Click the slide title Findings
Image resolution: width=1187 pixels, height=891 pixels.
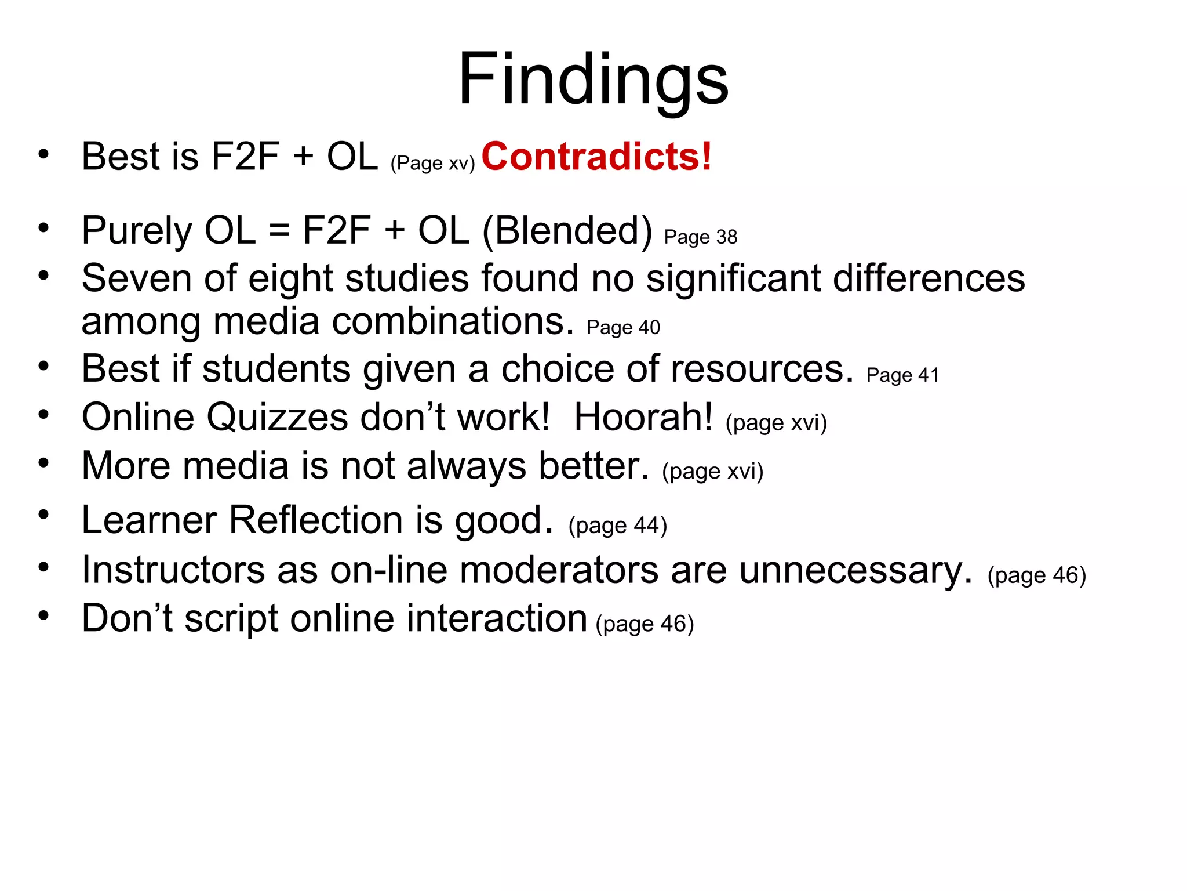coord(593,79)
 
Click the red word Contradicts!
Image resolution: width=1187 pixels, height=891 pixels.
coord(596,157)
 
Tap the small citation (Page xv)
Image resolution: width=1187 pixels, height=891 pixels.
coord(432,163)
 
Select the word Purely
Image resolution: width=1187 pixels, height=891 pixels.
coord(137,231)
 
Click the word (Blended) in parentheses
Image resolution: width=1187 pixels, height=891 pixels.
coord(567,231)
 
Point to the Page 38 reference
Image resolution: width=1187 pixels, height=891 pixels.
coord(700,237)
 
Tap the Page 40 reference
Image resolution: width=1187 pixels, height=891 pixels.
coord(623,327)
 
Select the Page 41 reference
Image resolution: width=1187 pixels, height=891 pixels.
coord(902,375)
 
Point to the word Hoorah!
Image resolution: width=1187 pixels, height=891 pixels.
coord(643,417)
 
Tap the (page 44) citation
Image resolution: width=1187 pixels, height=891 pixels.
coord(618,525)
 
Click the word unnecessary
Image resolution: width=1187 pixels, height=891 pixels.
coord(855,570)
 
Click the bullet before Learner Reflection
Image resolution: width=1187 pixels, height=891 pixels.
coord(43,515)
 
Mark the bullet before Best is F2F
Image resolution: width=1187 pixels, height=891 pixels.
coord(43,154)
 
